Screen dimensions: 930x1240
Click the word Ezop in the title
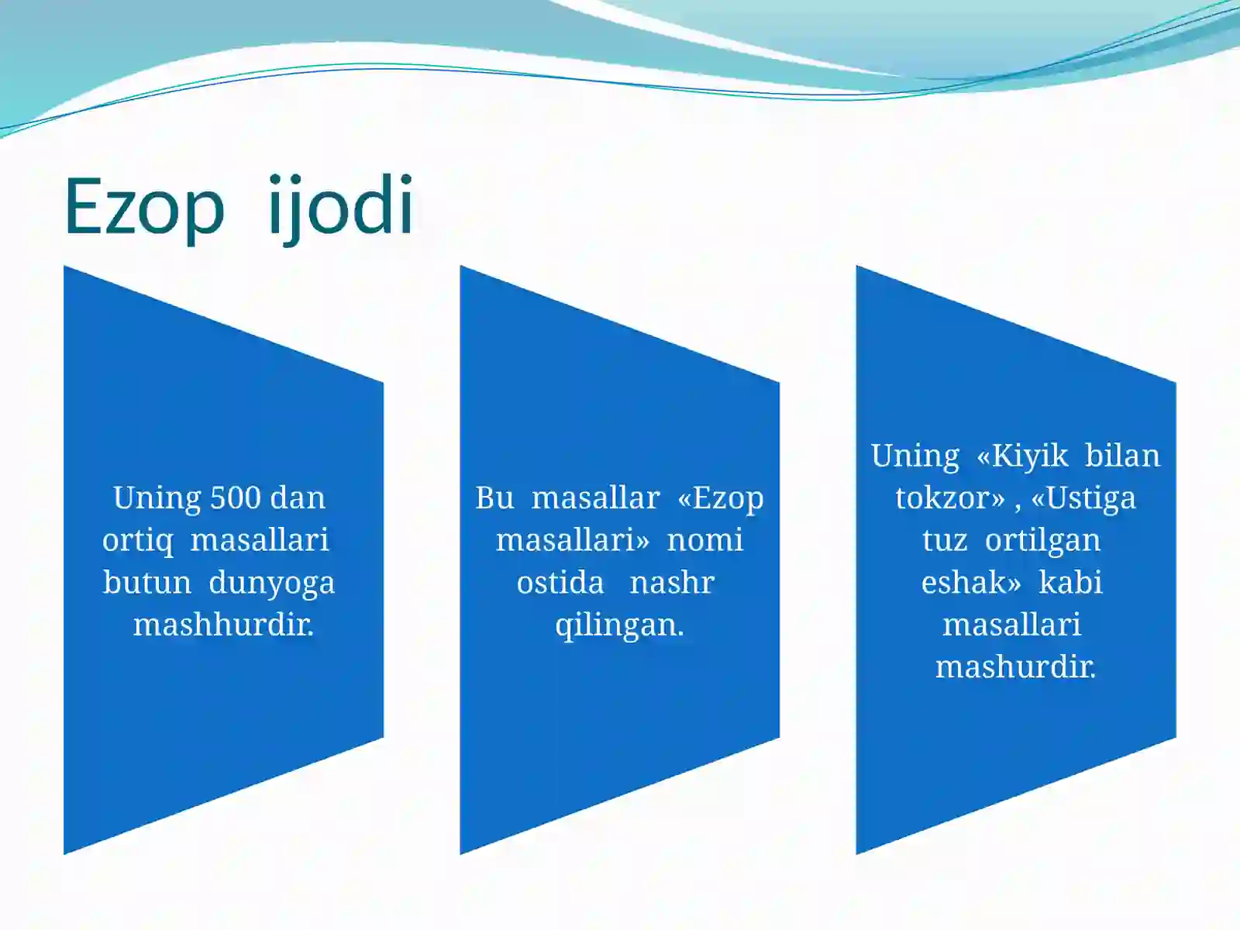pyautogui.click(x=144, y=208)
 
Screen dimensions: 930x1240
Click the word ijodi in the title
pyautogui.click(x=340, y=206)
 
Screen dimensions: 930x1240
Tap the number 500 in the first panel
pyautogui.click(x=236, y=498)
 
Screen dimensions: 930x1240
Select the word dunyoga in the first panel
pyautogui.click(x=271, y=583)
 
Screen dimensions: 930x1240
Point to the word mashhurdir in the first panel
pyautogui.click(x=223, y=625)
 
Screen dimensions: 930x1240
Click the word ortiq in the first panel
pyautogui.click(x=138, y=541)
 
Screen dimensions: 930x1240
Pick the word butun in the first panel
pyautogui.click(x=146, y=583)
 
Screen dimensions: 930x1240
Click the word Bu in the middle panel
pyautogui.click(x=494, y=498)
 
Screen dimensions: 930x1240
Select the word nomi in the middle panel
pyautogui.click(x=704, y=540)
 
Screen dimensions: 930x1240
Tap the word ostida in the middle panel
pyautogui.click(x=560, y=583)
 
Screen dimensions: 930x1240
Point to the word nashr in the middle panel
pyautogui.click(x=671, y=583)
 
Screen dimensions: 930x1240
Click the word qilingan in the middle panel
pyautogui.click(x=619, y=625)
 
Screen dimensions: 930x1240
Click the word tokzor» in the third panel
pyautogui.click(x=949, y=498)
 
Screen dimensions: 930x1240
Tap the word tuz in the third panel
pyautogui.click(x=945, y=540)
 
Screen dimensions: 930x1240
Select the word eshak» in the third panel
pyautogui.click(x=971, y=583)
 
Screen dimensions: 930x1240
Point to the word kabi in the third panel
pyautogui.click(x=1070, y=583)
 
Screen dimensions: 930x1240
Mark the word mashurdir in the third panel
pyautogui.click(x=1015, y=667)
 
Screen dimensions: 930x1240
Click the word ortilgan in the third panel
pyautogui.click(x=1042, y=540)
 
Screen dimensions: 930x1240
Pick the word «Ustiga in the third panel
pyautogui.click(x=1083, y=498)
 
